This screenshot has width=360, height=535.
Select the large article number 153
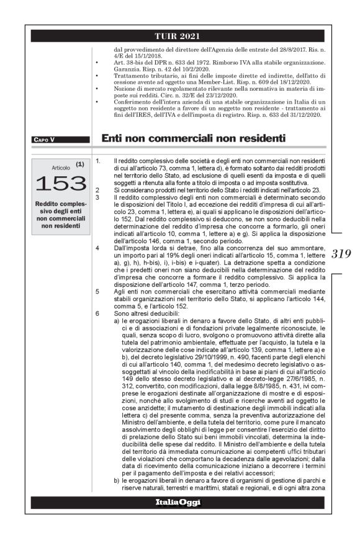[60, 182]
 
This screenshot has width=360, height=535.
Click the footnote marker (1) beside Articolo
[79, 164]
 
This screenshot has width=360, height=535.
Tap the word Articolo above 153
[60, 168]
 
